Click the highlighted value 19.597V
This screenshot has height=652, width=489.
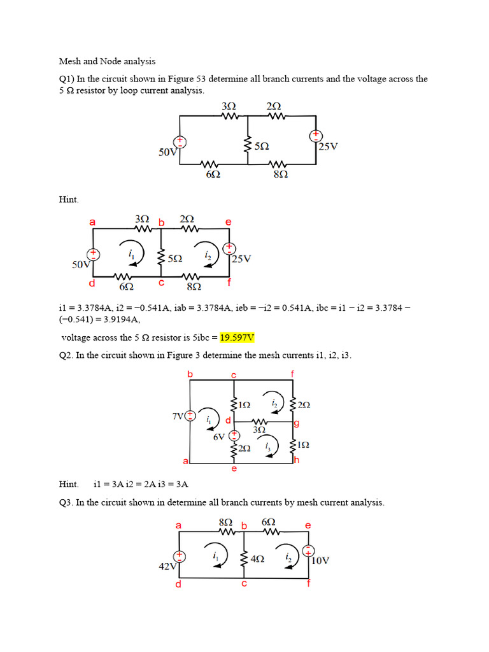(237, 337)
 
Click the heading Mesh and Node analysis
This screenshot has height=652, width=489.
(107, 61)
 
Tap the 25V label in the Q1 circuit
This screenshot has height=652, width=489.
(328, 146)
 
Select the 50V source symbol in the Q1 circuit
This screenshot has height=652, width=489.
(180, 141)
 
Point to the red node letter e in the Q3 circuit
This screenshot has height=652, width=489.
(308, 525)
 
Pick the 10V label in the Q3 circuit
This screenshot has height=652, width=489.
(320, 560)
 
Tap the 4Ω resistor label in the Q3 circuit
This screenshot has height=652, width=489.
(257, 559)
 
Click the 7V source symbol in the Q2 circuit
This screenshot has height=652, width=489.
(190, 415)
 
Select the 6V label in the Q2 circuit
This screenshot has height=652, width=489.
(219, 437)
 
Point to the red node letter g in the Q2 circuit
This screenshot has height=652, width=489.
(297, 423)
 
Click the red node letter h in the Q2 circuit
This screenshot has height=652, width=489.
(297, 460)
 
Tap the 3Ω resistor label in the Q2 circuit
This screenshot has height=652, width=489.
(259, 430)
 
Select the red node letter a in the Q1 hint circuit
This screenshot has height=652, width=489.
(92, 222)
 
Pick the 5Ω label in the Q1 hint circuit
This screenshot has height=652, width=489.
(175, 259)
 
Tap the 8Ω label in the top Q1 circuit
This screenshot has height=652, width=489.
(281, 174)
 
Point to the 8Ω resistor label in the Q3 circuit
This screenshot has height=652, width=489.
(225, 522)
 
